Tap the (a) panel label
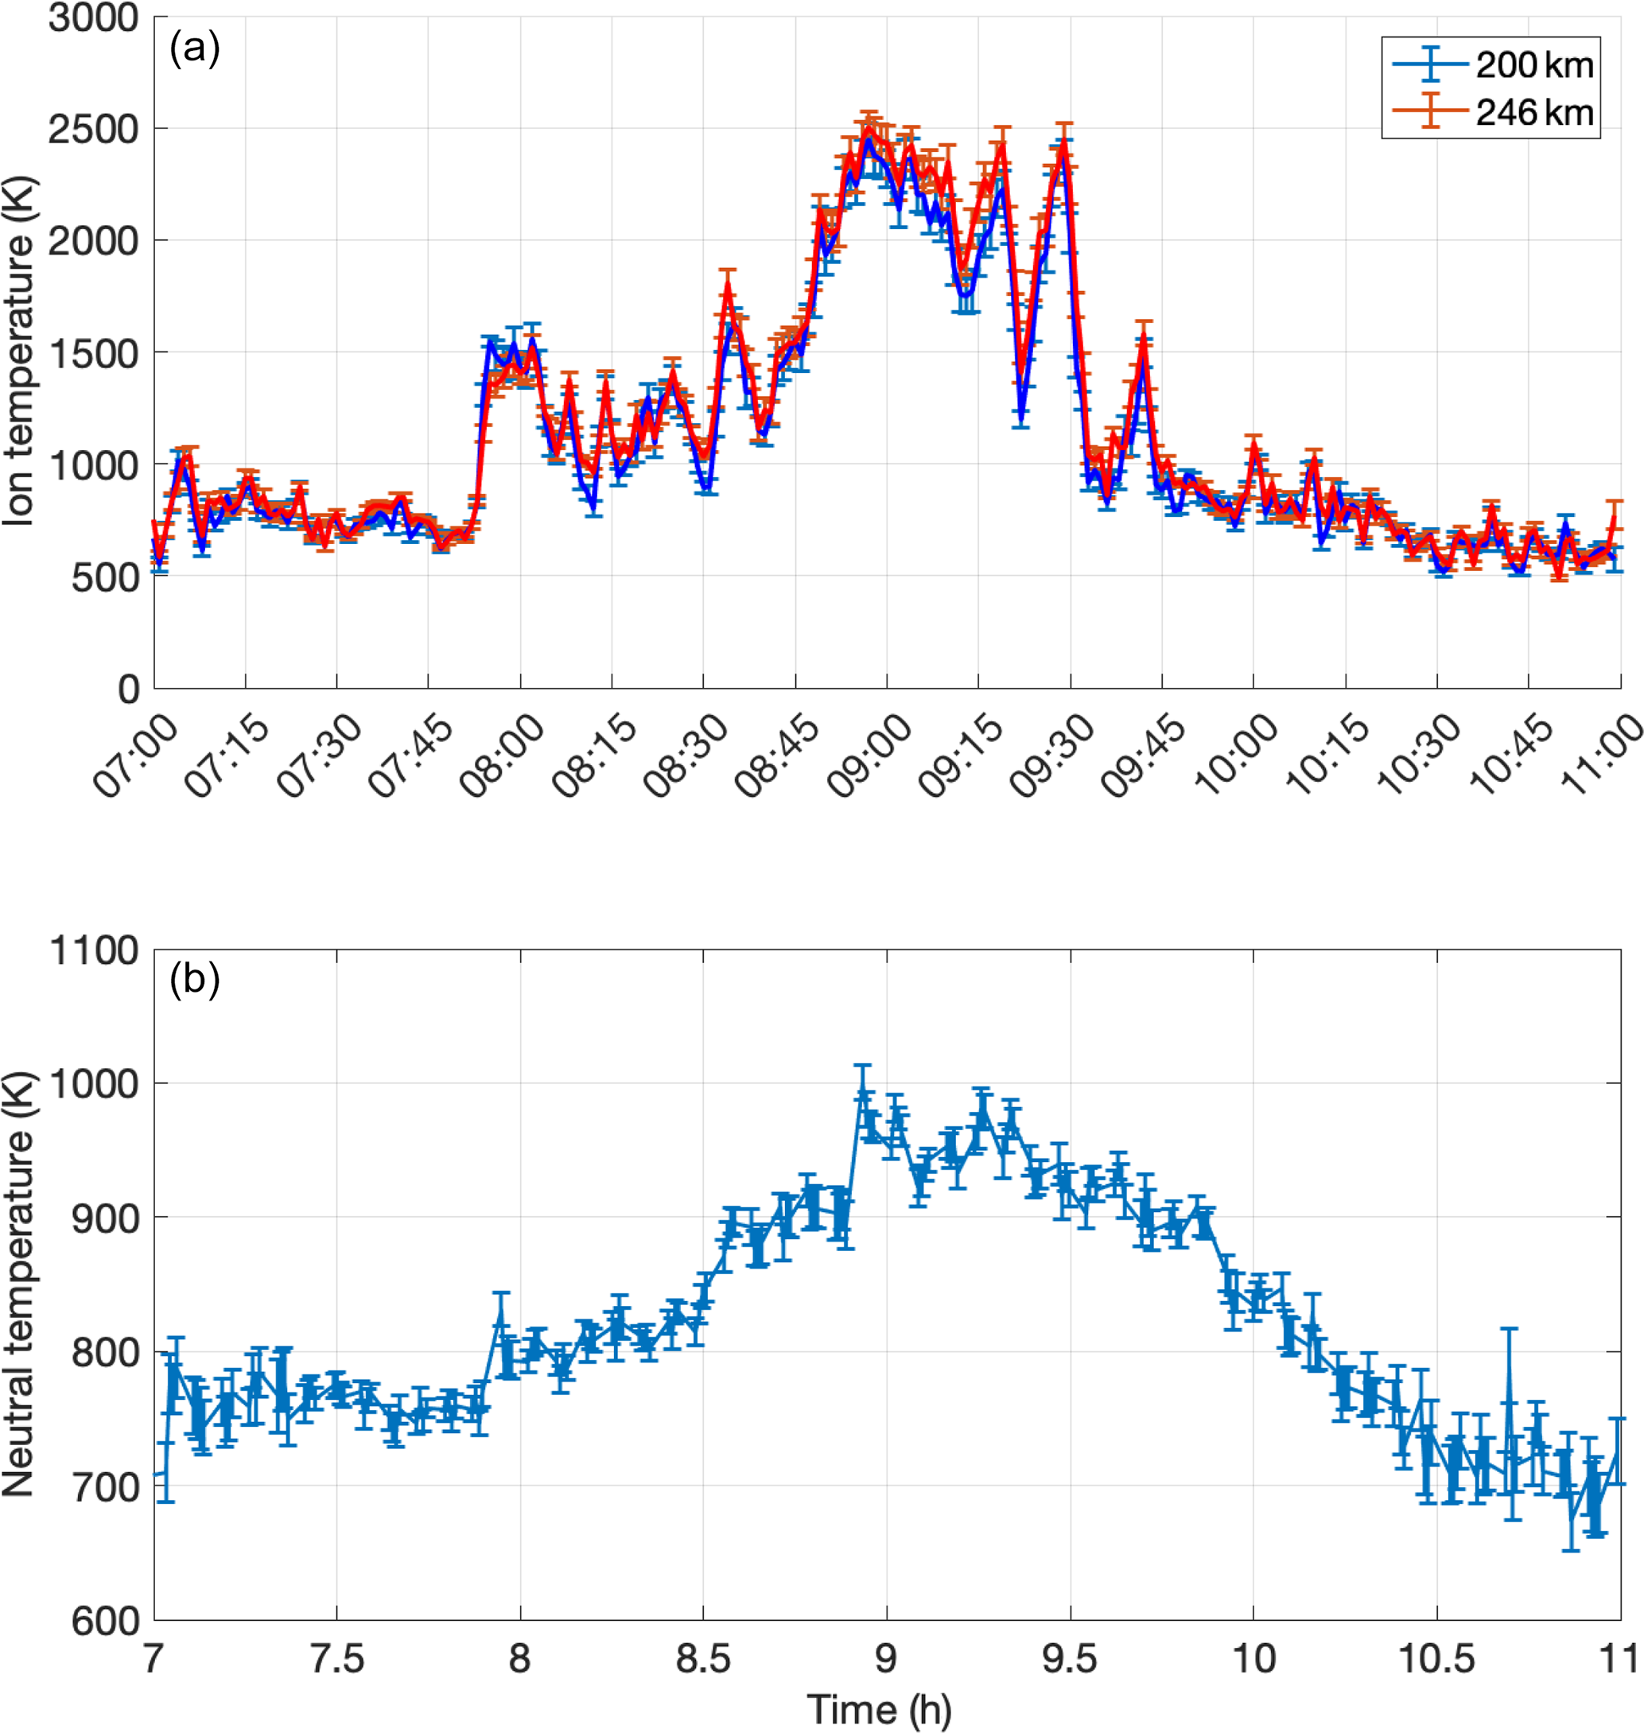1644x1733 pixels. [195, 47]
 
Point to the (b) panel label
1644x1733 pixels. [195, 979]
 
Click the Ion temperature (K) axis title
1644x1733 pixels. [17, 352]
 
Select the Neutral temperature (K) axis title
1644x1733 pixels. [17, 1284]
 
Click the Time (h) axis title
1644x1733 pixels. [879, 1709]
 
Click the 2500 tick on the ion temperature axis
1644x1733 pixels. [94, 130]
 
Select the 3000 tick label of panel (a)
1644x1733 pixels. [94, 17]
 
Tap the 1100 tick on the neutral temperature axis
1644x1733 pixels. [94, 950]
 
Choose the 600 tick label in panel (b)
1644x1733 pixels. [104, 1621]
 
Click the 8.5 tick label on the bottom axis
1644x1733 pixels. [703, 1658]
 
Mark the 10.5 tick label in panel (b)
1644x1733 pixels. [1436, 1658]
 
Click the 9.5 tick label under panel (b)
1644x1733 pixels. [1070, 1658]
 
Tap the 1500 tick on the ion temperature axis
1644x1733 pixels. [94, 354]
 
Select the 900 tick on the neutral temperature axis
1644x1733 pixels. [104, 1218]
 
